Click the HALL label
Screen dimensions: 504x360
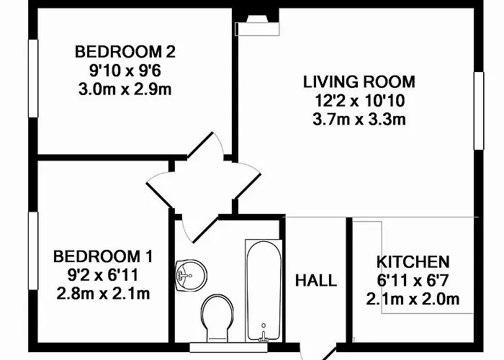pos(316,281)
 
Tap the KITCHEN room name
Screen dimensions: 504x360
pos(413,262)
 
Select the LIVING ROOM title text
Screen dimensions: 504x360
pos(359,81)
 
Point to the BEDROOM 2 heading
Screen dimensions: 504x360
pos(125,52)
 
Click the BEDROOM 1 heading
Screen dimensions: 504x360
pos(103,256)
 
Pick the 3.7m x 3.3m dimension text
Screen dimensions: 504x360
pos(359,120)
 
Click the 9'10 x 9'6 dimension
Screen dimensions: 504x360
pos(125,71)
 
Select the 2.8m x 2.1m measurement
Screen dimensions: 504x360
pos(103,294)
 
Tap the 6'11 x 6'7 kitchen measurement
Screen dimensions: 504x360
pos(413,281)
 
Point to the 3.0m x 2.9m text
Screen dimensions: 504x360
pos(125,89)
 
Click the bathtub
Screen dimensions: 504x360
pos(264,291)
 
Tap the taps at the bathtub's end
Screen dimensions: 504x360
pos(264,336)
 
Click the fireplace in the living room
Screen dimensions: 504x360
pos(257,25)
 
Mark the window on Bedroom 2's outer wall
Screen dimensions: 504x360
pos(33,78)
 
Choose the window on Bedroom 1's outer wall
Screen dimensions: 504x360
pos(33,251)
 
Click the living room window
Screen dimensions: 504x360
pos(479,111)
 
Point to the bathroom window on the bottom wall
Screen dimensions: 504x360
pos(228,347)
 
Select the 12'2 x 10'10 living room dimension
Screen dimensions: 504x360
pos(359,101)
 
